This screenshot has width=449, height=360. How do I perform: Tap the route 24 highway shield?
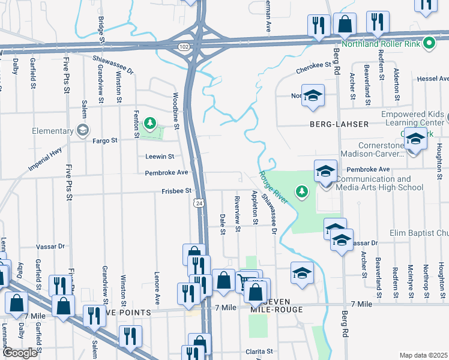[199, 203]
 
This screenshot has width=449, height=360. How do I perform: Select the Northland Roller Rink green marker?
[429, 43]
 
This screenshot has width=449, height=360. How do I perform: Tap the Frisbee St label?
[176, 191]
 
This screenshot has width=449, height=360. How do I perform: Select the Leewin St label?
[159, 157]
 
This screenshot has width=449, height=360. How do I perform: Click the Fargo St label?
[104, 140]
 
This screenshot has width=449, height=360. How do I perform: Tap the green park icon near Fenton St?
[150, 125]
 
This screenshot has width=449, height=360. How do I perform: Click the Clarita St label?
[259, 351]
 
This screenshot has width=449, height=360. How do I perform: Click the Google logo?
[19, 353]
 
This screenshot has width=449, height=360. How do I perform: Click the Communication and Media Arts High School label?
[379, 183]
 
